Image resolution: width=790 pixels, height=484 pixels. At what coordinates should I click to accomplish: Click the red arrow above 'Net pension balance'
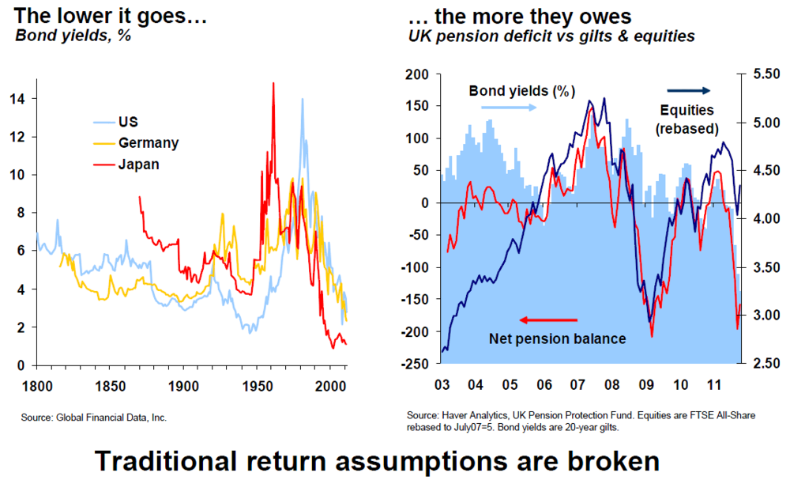(547, 320)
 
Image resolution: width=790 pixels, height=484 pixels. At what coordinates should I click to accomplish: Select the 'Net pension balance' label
(557, 339)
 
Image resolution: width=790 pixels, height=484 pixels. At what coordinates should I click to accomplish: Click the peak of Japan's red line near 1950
(273, 82)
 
